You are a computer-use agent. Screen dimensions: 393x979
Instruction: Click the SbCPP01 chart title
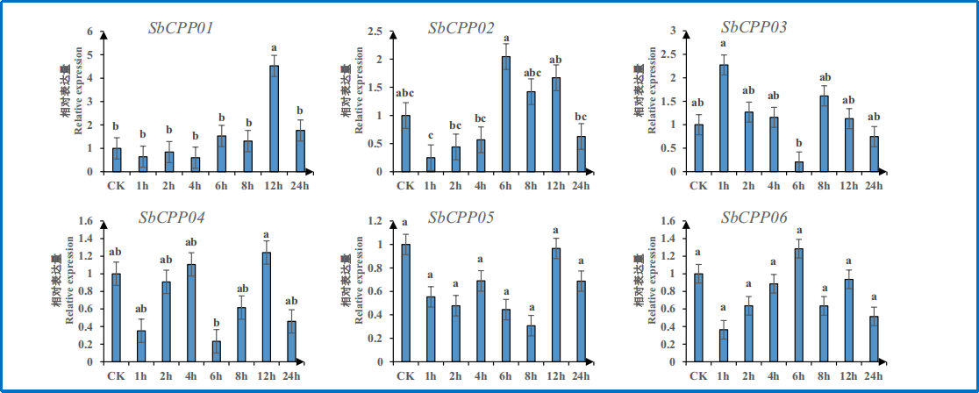click(x=182, y=27)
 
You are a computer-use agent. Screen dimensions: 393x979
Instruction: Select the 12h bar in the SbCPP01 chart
click(x=275, y=118)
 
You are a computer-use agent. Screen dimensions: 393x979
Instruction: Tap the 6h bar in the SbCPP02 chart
click(x=506, y=114)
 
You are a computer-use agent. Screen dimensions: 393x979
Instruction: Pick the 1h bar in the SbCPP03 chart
click(x=724, y=118)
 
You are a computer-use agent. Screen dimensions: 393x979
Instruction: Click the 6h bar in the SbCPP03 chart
click(x=799, y=167)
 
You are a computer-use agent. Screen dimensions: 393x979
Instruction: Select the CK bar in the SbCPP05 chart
click(x=405, y=303)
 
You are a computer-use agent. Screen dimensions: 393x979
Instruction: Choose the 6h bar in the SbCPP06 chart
click(x=798, y=305)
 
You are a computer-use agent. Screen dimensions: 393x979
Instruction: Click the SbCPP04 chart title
click(x=173, y=218)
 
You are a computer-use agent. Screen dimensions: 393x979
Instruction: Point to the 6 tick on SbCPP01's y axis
click(x=89, y=32)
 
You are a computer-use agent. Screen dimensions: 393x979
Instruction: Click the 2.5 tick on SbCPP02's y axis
click(x=375, y=32)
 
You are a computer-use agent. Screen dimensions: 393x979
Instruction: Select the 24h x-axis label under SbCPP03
click(x=874, y=185)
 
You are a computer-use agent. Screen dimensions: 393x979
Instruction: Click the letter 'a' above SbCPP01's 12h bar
click(x=275, y=48)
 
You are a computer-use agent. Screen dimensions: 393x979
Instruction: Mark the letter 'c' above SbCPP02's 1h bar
click(x=431, y=135)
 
